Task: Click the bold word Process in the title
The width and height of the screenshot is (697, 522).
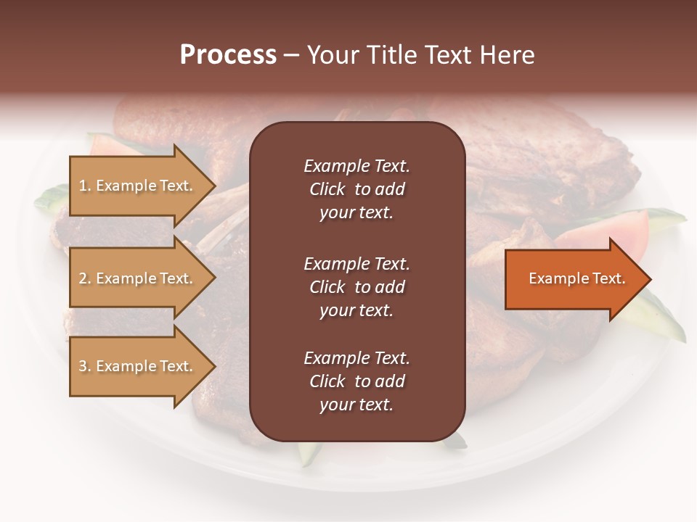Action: click(228, 55)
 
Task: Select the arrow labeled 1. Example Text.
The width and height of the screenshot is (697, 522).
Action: click(138, 186)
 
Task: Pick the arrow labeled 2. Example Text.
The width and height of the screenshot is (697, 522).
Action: click(138, 278)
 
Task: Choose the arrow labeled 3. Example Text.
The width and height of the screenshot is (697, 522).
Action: click(138, 366)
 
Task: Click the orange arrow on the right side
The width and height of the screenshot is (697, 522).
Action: click(574, 279)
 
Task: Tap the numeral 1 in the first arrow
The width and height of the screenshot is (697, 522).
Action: click(83, 186)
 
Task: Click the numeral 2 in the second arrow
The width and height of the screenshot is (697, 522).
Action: click(83, 279)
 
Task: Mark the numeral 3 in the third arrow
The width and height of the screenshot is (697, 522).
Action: click(83, 367)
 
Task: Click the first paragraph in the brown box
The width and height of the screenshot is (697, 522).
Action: click(356, 189)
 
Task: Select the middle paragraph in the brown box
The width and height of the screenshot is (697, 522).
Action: click(356, 287)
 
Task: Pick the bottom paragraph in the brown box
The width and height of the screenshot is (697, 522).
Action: click(356, 381)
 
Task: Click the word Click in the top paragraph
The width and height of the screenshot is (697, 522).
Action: click(327, 189)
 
